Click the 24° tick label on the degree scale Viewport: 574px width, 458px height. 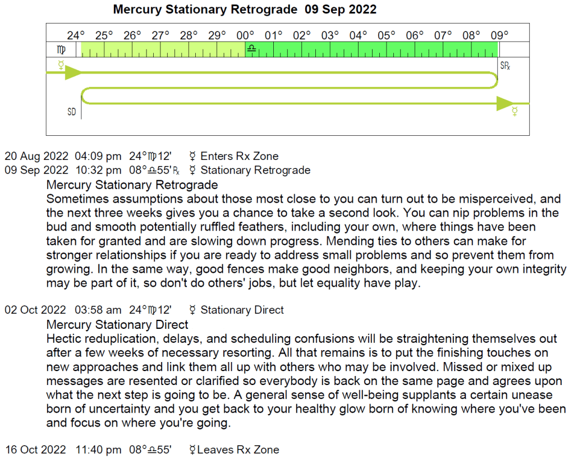(x=76, y=35)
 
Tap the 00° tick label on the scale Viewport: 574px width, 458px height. (x=245, y=35)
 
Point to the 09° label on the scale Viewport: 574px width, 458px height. (x=500, y=35)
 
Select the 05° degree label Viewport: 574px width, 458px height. (x=387, y=35)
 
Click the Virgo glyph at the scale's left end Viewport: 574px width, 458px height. (x=61, y=50)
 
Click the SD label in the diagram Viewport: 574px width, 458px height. (x=72, y=112)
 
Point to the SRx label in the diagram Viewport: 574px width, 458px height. (x=505, y=66)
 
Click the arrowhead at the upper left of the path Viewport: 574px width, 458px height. (x=74, y=72)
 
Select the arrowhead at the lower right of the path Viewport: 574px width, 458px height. (x=505, y=104)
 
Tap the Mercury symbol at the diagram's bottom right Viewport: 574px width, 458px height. (x=515, y=112)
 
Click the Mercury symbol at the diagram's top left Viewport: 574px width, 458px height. (x=61, y=65)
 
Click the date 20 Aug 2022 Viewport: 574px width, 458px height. (x=36, y=157)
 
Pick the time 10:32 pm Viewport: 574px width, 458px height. (x=99, y=170)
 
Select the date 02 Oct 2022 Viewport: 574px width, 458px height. (x=35, y=310)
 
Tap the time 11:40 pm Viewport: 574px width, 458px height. (x=99, y=450)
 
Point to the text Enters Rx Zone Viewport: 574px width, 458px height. (x=240, y=157)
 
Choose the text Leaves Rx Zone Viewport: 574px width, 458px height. (x=238, y=450)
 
